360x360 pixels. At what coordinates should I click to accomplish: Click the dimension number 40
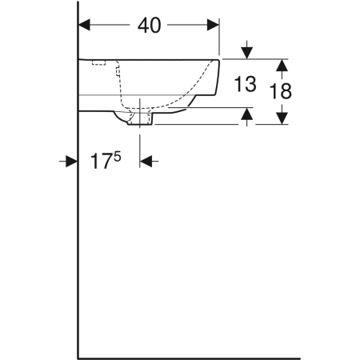[150, 26]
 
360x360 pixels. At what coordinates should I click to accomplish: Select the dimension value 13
[245, 84]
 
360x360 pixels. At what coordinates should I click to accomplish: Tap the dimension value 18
[281, 91]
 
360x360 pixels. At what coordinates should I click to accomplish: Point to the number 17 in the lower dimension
[101, 161]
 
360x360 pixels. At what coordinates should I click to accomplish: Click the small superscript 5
[118, 157]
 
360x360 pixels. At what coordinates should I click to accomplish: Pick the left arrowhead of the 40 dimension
[84, 25]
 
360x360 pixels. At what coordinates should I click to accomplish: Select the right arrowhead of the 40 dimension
[213, 25]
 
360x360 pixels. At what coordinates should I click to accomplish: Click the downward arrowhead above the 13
[247, 53]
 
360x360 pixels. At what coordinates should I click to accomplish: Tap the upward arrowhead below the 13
[247, 114]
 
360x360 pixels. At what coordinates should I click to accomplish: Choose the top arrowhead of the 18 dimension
[282, 65]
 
